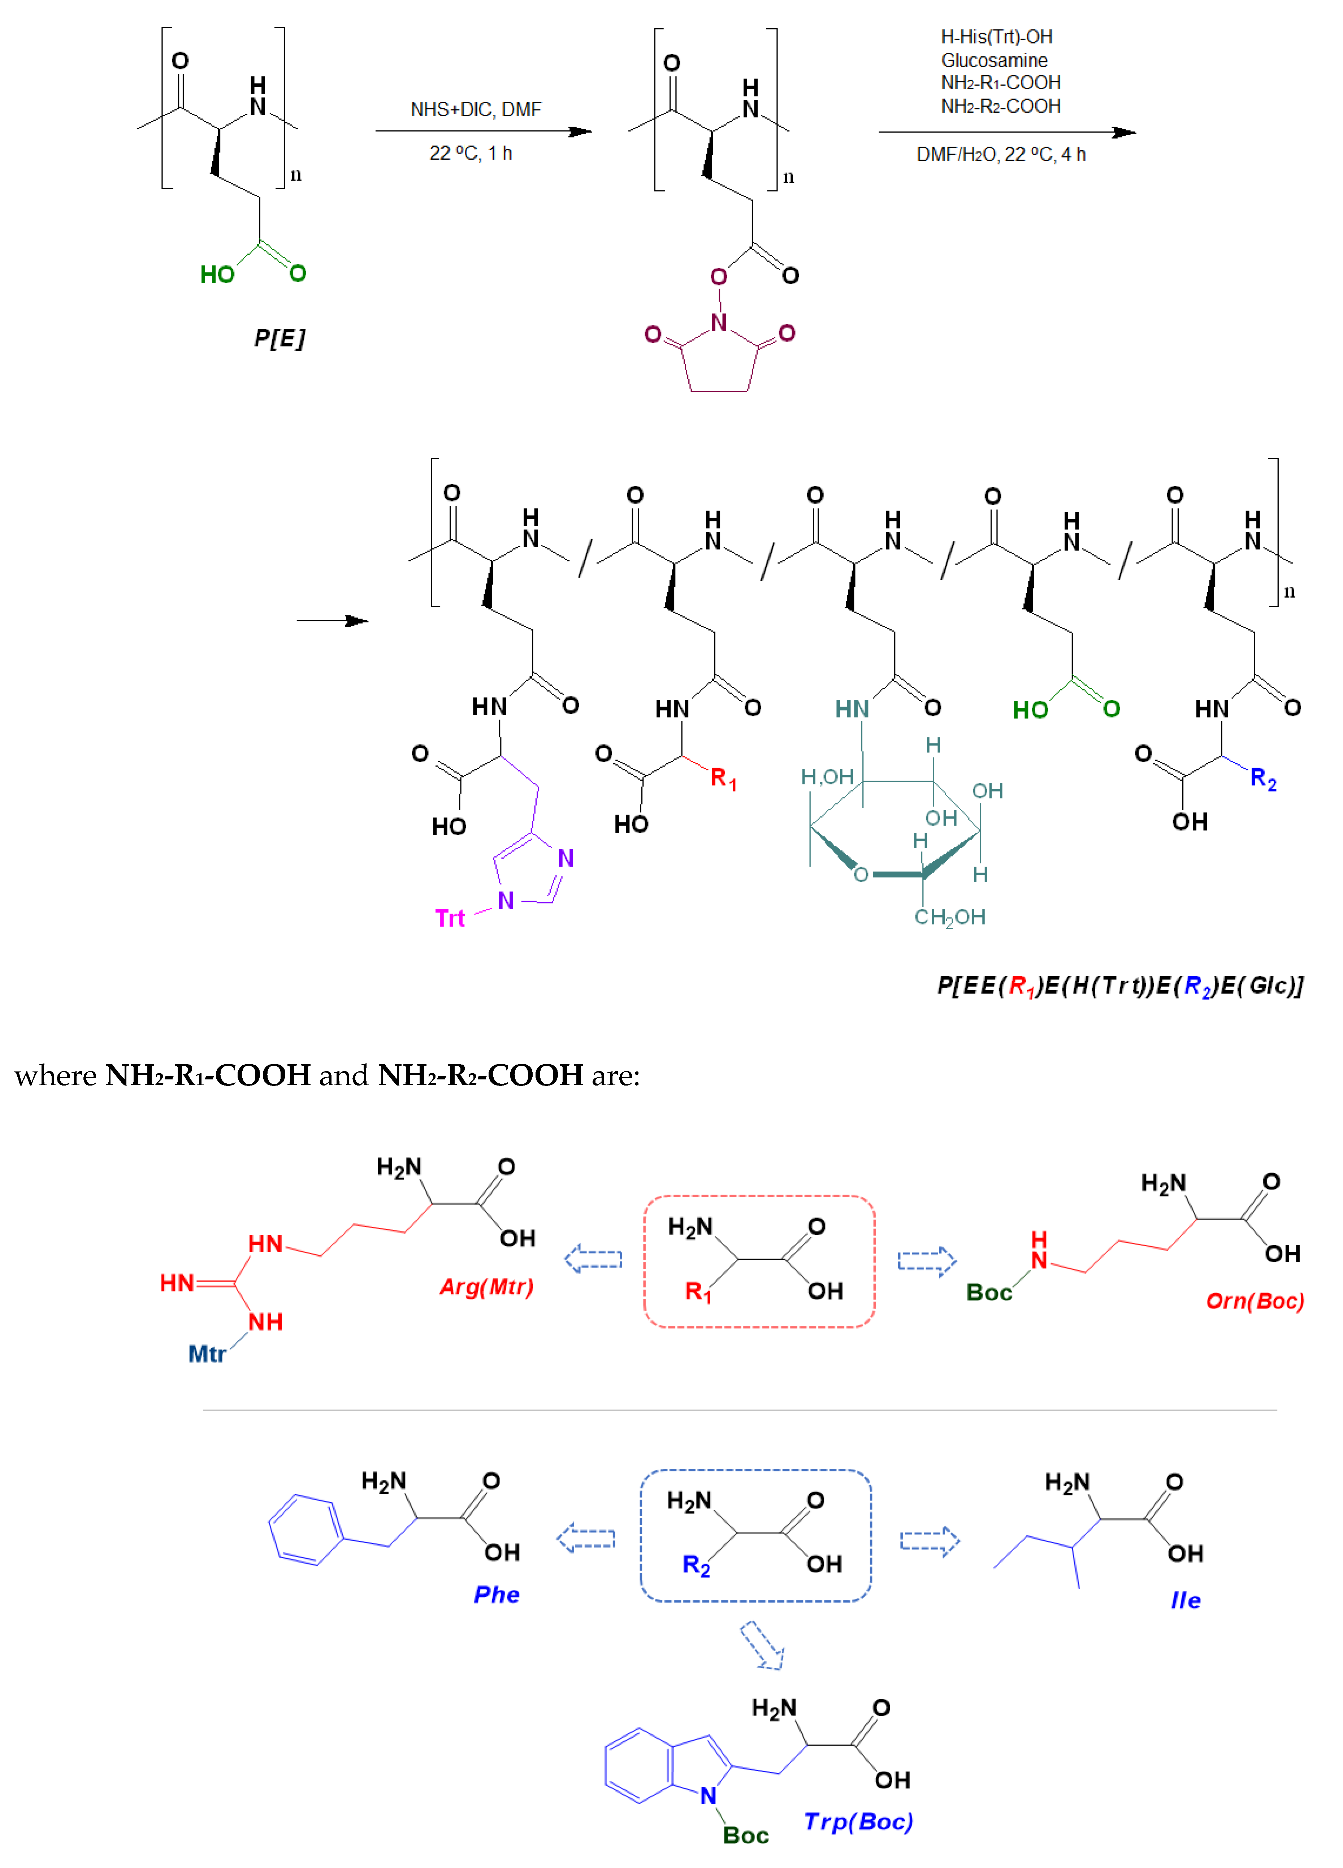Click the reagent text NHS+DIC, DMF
pyautogui.click(x=476, y=109)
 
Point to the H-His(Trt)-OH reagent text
pyautogui.click(x=996, y=37)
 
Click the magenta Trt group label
pyautogui.click(x=450, y=918)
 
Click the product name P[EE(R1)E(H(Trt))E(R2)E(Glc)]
pyautogui.click(x=1120, y=986)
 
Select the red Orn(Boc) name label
pyautogui.click(x=1254, y=1301)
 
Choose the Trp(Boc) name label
pyautogui.click(x=858, y=1822)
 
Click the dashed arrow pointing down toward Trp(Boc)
pyautogui.click(x=762, y=1645)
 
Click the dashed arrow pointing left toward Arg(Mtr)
pyautogui.click(x=593, y=1259)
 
